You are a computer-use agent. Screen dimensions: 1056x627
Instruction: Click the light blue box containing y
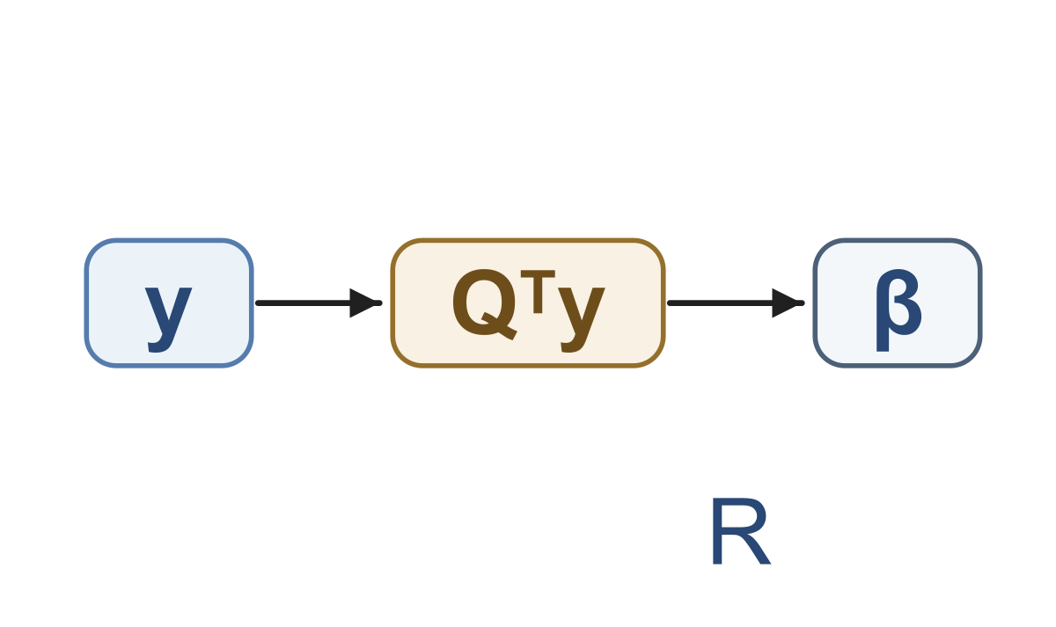click(x=169, y=303)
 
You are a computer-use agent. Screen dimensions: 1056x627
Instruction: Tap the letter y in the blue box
click(x=168, y=319)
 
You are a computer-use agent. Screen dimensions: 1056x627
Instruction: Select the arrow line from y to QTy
click(x=319, y=303)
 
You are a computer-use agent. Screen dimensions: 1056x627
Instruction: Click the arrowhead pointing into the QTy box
click(x=365, y=303)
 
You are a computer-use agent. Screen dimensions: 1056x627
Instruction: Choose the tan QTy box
click(x=528, y=303)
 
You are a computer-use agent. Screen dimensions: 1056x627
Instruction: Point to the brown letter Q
click(x=485, y=304)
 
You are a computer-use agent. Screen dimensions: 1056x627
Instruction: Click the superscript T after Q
click(x=538, y=292)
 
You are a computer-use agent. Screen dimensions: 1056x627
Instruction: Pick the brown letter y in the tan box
click(x=582, y=319)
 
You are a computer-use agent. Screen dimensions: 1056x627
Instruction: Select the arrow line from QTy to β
click(x=736, y=303)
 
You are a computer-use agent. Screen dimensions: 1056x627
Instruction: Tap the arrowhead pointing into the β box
click(x=788, y=303)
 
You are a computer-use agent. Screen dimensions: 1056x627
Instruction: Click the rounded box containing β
click(x=898, y=303)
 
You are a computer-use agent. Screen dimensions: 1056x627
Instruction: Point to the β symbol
click(x=898, y=310)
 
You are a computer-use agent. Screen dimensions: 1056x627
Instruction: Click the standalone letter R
click(x=741, y=531)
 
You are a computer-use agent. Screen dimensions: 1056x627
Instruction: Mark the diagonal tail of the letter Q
click(x=500, y=326)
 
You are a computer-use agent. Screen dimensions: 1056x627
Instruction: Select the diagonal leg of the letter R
click(x=754, y=550)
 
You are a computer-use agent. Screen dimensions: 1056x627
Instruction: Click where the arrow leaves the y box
click(x=256, y=303)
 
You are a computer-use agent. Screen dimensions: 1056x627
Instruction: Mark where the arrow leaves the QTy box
click(x=669, y=303)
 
